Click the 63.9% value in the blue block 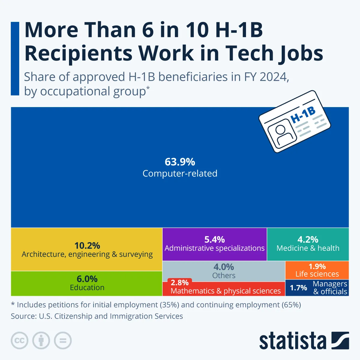coord(180,162)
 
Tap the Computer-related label coord(180,173)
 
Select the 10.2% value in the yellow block coord(87,246)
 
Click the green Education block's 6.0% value coord(87,279)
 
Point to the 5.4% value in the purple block coord(214,239)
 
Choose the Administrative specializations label coord(214,248)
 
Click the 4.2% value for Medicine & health coord(308,239)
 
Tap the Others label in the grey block coord(224,275)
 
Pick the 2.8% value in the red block coord(180,283)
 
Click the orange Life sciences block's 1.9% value coord(317,266)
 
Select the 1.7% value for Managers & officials coord(298,288)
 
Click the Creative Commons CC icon coord(19,340)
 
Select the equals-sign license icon coord(63,340)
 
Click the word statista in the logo coord(292,341)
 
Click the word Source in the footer coord(22,316)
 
